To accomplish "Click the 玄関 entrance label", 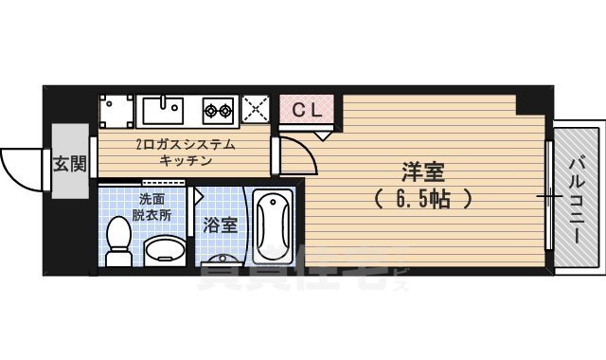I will coord(69,163).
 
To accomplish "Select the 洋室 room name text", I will coord(423,174).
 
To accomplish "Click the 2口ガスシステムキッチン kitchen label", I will coord(186,152).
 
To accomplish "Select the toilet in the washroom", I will coord(118,242).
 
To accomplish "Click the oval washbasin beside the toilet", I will coord(164,251).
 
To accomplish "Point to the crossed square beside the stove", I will coord(255,109).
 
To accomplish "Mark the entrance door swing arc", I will coord(19,171).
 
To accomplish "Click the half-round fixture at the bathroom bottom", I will coord(223,261).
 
